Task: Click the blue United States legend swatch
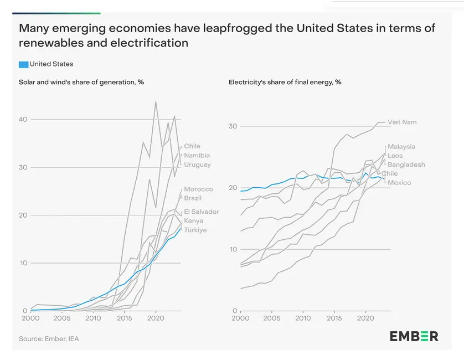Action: [23, 64]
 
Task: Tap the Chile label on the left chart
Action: [192, 146]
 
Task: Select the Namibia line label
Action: [197, 156]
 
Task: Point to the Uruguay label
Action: [197, 165]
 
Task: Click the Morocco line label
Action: [198, 189]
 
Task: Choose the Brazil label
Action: [193, 198]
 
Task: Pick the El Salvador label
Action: [202, 212]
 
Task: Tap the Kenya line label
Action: [194, 221]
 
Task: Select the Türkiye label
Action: [195, 230]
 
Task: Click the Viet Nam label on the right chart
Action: [402, 122]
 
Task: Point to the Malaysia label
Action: [401, 147]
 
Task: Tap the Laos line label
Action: [395, 156]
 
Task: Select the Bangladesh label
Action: [406, 165]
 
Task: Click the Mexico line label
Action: [399, 183]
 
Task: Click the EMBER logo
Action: [414, 336]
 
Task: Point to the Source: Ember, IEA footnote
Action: [49, 338]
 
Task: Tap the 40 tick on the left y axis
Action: [23, 119]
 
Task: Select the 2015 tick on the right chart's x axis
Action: [334, 319]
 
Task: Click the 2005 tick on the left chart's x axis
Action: [61, 319]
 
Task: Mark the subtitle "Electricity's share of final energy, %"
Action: [285, 82]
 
